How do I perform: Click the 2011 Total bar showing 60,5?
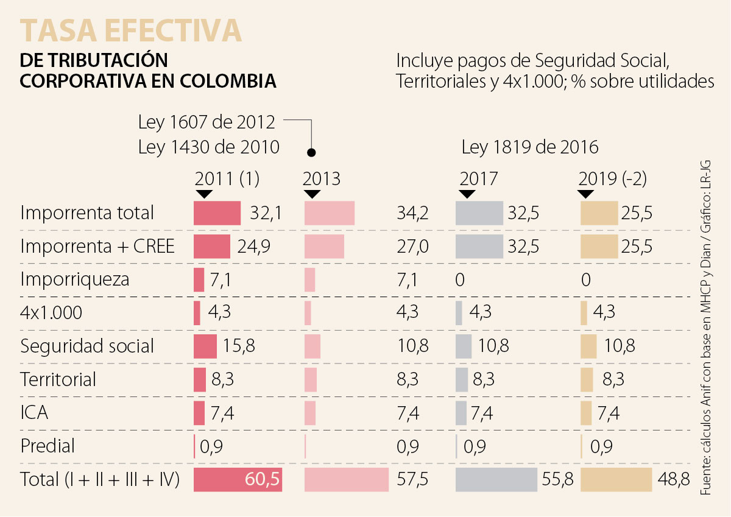(x=238, y=479)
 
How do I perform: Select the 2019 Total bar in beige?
(x=616, y=479)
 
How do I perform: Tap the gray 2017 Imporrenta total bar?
(x=479, y=213)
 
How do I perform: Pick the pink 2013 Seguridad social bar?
(x=312, y=346)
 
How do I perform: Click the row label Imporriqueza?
(x=75, y=280)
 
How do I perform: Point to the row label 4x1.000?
(x=51, y=313)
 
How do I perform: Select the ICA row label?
(x=34, y=412)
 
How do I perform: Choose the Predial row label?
(x=48, y=446)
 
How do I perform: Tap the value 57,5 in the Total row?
(x=412, y=479)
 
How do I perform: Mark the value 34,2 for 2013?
(x=412, y=213)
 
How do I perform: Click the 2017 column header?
(x=479, y=178)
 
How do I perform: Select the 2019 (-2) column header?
(x=612, y=178)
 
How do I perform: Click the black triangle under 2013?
(x=311, y=194)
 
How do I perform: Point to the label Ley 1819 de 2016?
(x=530, y=147)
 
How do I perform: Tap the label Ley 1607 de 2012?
(x=207, y=122)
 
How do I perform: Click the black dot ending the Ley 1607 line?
(x=311, y=152)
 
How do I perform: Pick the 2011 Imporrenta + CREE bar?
(x=212, y=247)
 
